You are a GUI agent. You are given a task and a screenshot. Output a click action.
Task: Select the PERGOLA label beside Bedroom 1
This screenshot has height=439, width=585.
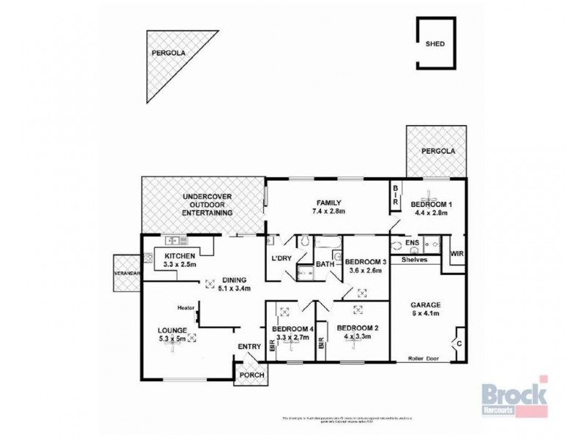click(x=438, y=151)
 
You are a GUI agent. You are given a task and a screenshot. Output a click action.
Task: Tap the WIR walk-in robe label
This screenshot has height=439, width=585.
click(x=457, y=253)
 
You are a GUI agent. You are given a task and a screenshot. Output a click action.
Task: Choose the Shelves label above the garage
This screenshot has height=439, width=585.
click(x=413, y=260)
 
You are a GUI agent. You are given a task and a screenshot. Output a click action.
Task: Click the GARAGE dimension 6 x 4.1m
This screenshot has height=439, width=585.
click(x=424, y=314)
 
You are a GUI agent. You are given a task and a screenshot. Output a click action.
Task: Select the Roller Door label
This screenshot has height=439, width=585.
click(x=424, y=359)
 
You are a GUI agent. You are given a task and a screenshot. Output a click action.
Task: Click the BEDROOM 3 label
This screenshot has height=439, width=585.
click(x=365, y=262)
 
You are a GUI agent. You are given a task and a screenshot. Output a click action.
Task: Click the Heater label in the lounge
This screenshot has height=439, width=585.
click(x=183, y=308)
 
